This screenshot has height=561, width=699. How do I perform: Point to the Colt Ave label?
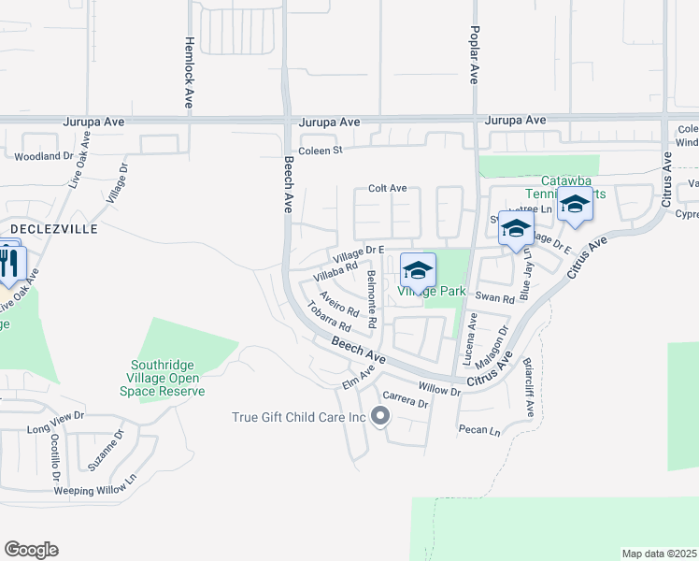[x=387, y=188]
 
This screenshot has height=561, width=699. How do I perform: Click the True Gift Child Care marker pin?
[x=379, y=416]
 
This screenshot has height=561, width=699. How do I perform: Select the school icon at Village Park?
[x=419, y=271]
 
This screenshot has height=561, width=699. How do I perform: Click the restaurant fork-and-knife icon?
[x=9, y=263]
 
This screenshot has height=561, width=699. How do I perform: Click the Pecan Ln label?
[x=479, y=431]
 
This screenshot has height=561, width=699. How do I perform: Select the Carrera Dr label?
[x=405, y=404]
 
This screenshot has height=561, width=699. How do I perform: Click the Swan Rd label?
[x=495, y=299]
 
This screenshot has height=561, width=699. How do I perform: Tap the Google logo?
[x=31, y=550]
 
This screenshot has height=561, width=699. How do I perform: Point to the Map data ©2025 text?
[x=660, y=554]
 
